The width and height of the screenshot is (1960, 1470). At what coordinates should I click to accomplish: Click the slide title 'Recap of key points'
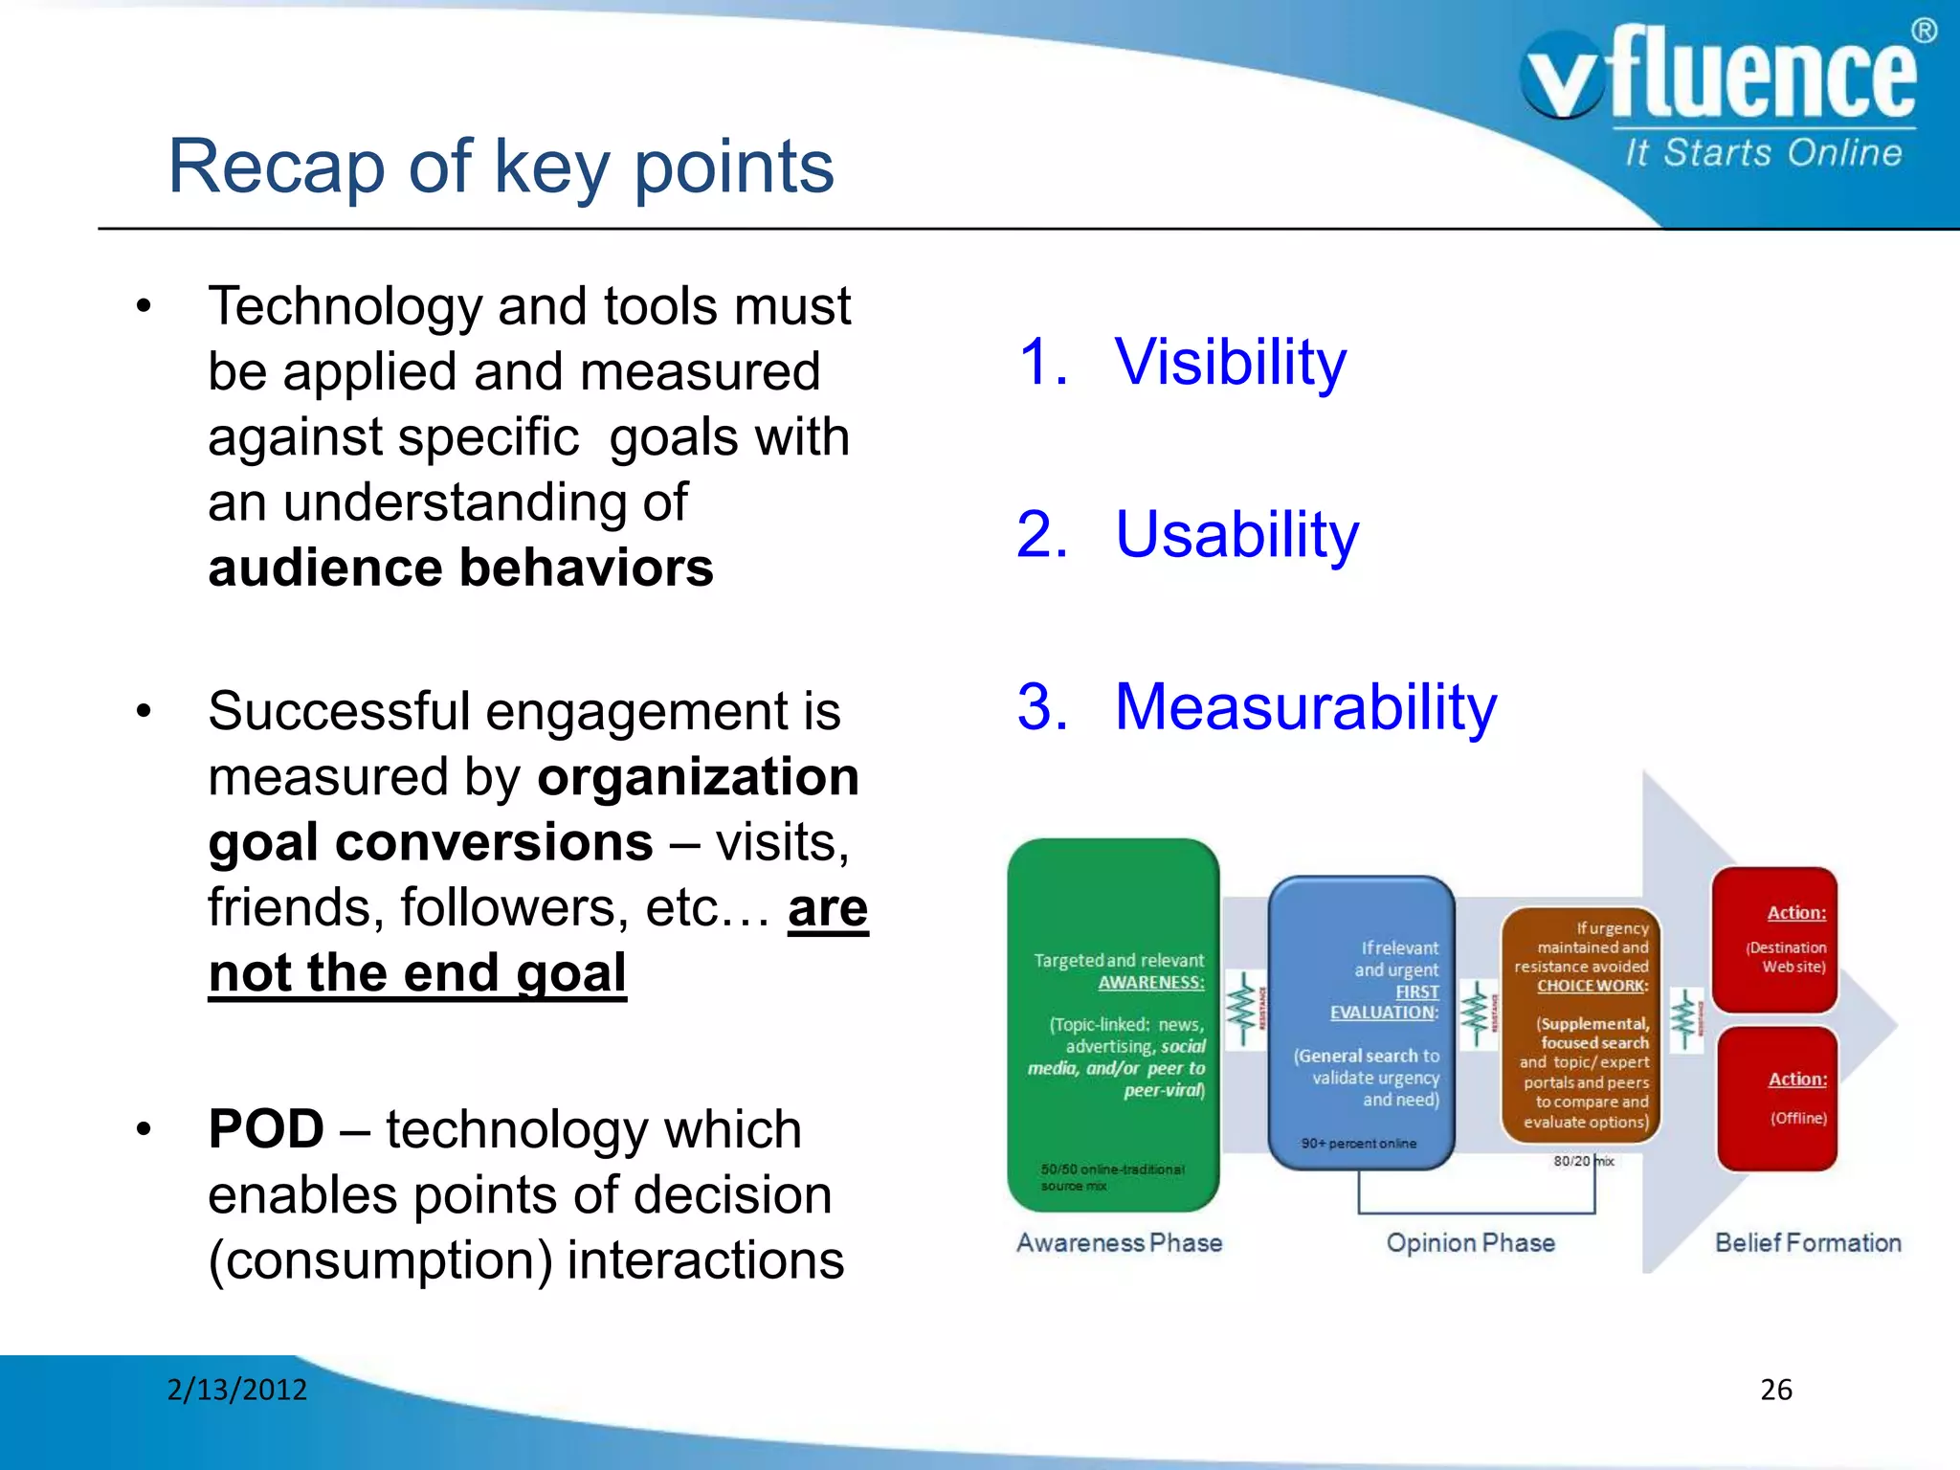pyautogui.click(x=501, y=167)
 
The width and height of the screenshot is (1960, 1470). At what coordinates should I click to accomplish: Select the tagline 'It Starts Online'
pyautogui.click(x=1763, y=153)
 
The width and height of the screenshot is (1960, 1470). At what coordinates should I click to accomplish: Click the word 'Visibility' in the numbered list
pyautogui.click(x=1230, y=363)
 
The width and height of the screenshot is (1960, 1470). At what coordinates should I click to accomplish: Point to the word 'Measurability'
pyautogui.click(x=1305, y=707)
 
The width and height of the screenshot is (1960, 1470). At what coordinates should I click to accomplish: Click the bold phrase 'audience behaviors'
pyautogui.click(x=460, y=568)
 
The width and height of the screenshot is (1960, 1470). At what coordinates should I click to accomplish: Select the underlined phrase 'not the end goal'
pyautogui.click(x=417, y=973)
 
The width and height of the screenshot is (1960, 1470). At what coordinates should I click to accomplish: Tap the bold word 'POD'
pyautogui.click(x=266, y=1129)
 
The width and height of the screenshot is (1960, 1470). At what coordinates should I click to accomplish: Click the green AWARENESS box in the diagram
pyautogui.click(x=1113, y=1024)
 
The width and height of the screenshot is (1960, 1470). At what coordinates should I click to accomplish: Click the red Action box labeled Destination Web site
pyautogui.click(x=1774, y=940)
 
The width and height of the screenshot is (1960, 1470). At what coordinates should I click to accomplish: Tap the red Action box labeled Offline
pyautogui.click(x=1777, y=1099)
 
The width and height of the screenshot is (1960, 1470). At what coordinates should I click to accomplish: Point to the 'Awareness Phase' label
pyautogui.click(x=1119, y=1243)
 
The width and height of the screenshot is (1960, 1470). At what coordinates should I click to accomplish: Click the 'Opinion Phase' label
pyautogui.click(x=1470, y=1243)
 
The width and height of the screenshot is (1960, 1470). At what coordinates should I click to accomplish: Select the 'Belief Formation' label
pyautogui.click(x=1807, y=1243)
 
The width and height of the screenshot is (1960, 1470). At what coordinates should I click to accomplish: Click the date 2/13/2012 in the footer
pyautogui.click(x=237, y=1390)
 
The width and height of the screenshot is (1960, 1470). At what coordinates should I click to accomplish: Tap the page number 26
pyautogui.click(x=1775, y=1390)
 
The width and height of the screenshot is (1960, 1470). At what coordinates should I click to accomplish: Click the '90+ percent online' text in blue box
pyautogui.click(x=1358, y=1144)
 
